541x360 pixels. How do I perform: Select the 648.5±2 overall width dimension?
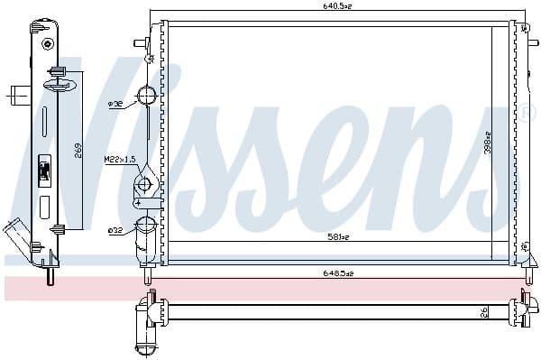click(339, 273)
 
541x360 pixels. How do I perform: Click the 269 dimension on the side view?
click(79, 150)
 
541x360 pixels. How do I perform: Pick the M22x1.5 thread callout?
click(118, 160)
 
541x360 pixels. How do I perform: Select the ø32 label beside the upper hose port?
click(115, 105)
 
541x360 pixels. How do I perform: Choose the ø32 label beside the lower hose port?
click(115, 231)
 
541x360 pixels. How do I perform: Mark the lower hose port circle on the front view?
click(145, 226)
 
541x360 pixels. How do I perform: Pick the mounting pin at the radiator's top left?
click(140, 42)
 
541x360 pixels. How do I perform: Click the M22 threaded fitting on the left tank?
click(143, 186)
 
